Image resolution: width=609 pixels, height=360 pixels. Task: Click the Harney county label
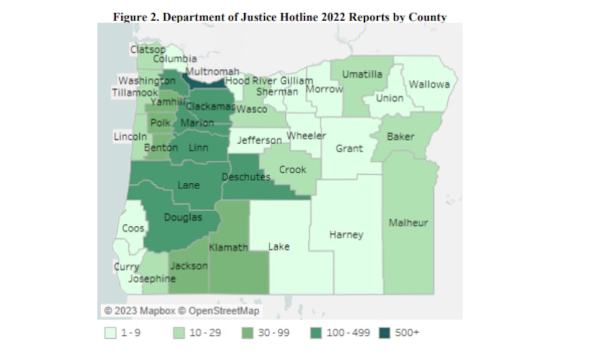coord(346,234)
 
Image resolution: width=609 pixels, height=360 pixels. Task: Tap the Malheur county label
coord(408,223)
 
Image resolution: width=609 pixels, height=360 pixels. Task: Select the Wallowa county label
coord(429,85)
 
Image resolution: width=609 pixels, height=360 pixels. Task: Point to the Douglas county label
coord(183,217)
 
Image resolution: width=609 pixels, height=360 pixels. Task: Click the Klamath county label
coord(228,247)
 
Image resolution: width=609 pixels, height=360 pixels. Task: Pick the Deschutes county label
coord(246,177)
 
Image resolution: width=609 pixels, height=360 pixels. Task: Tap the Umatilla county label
coord(362,75)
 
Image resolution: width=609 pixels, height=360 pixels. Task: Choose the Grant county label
coord(349,149)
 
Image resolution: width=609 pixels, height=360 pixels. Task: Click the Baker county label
coord(400,136)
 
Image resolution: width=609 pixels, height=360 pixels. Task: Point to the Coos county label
coord(133,228)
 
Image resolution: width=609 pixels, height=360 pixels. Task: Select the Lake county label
coord(278,246)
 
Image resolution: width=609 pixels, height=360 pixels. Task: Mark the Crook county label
coord(292,169)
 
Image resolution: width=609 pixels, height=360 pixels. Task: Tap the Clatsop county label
coord(147,49)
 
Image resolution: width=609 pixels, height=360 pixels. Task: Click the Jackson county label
coord(189,265)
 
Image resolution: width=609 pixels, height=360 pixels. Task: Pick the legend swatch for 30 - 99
coord(247,333)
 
